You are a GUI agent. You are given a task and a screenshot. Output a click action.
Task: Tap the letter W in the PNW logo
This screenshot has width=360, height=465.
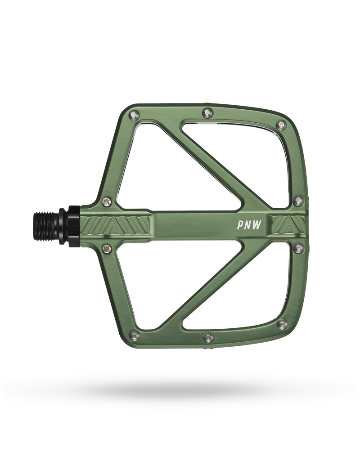pyautogui.click(x=259, y=224)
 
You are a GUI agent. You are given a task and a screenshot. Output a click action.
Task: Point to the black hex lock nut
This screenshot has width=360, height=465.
pyautogui.click(x=73, y=226)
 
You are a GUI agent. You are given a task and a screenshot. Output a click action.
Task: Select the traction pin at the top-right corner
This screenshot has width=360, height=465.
pyautogui.click(x=281, y=125)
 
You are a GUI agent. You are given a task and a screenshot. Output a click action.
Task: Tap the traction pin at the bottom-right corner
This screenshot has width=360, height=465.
pyautogui.click(x=282, y=325)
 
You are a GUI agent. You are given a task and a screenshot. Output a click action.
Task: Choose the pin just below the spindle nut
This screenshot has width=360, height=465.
pyautogui.click(x=107, y=248)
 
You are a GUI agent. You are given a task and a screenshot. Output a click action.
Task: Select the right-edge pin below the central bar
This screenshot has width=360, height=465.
pyautogui.click(x=298, y=248)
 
